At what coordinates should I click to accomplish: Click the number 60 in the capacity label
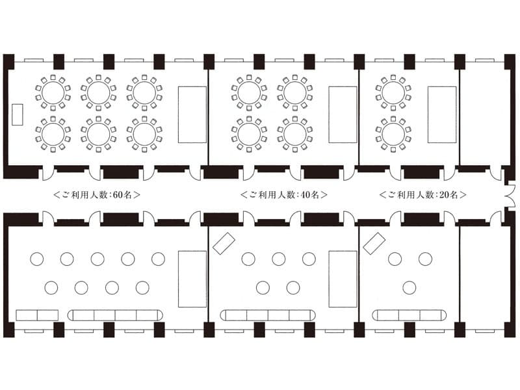point(118,194)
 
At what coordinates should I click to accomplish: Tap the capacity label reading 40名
point(310,194)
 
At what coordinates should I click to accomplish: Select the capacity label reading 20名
point(448,194)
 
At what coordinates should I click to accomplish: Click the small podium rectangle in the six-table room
point(18,115)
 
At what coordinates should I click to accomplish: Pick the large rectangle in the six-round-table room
point(192,115)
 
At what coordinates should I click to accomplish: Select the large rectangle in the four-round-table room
point(343,115)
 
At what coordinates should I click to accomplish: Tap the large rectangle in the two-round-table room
point(442,115)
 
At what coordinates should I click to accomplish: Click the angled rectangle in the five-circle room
point(224,244)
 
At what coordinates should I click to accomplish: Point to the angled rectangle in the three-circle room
point(374,244)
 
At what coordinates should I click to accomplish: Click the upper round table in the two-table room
point(393,93)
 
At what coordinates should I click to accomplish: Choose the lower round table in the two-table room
point(393,135)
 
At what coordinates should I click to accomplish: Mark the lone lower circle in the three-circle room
point(409,288)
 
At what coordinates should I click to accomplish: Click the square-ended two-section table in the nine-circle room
point(37,315)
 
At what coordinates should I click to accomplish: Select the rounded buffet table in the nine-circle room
point(116,315)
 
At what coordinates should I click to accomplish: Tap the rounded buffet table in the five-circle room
point(268,315)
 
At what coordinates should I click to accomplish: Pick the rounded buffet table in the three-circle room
point(409,315)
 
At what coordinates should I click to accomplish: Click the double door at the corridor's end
point(511,194)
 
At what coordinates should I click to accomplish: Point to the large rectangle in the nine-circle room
point(192,279)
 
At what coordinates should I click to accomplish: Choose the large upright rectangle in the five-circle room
point(343,279)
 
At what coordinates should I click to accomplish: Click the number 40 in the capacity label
point(305,194)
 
